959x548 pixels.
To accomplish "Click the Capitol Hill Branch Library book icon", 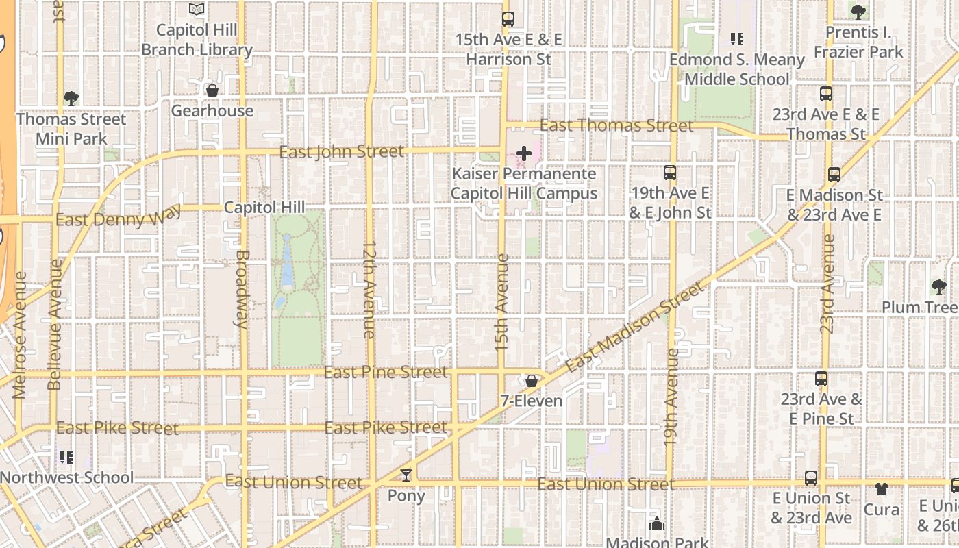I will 197,10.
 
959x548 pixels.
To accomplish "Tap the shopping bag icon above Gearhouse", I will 212,90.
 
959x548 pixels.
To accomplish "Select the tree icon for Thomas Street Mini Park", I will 71,99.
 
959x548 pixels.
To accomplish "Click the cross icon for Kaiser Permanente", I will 524,153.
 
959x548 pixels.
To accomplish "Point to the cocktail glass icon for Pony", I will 406,475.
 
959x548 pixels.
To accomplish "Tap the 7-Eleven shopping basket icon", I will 532,381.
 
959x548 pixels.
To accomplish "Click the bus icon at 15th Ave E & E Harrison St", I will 508,19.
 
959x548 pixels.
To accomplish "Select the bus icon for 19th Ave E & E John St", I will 670,173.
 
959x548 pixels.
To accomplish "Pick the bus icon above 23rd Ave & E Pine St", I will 821,379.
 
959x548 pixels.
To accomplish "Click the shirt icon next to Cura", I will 881,489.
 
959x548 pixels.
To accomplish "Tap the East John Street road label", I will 341,151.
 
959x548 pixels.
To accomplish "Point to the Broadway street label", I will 241,288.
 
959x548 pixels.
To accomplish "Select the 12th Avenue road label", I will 369,289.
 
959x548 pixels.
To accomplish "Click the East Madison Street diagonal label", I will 635,328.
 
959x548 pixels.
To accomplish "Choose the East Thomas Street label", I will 616,125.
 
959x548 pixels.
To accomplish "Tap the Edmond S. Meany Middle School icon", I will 737,39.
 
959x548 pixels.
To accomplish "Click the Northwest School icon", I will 66,457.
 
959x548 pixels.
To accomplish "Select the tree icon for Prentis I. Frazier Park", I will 858,12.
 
